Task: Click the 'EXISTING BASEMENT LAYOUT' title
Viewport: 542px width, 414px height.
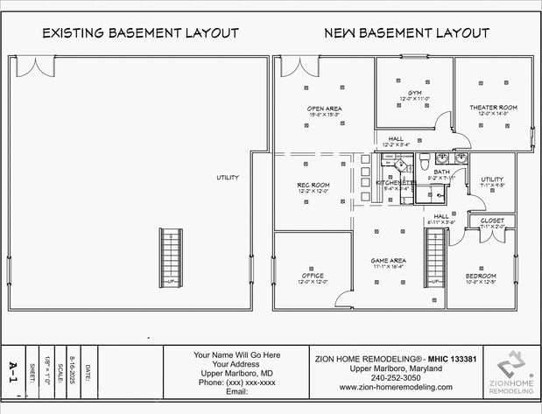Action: click(x=141, y=33)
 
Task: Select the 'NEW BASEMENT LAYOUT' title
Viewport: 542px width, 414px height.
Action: click(x=406, y=33)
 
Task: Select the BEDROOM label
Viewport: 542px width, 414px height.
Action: click(x=480, y=277)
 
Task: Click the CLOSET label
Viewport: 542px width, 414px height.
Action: click(x=491, y=221)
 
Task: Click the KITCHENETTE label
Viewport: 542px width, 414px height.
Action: click(x=393, y=183)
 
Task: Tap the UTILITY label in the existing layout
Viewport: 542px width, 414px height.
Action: click(x=228, y=178)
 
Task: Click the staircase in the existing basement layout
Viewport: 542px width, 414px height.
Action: click(x=171, y=257)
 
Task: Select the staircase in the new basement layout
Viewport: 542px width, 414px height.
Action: click(x=435, y=257)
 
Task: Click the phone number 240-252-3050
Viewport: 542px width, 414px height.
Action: click(x=395, y=378)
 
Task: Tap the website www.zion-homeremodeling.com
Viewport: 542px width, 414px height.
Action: click(x=395, y=388)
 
